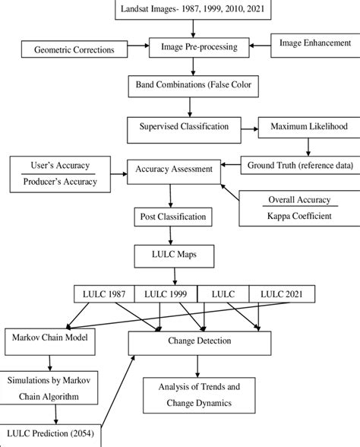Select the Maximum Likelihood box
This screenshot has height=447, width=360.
click(x=304, y=123)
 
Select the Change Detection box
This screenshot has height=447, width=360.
click(x=200, y=342)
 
